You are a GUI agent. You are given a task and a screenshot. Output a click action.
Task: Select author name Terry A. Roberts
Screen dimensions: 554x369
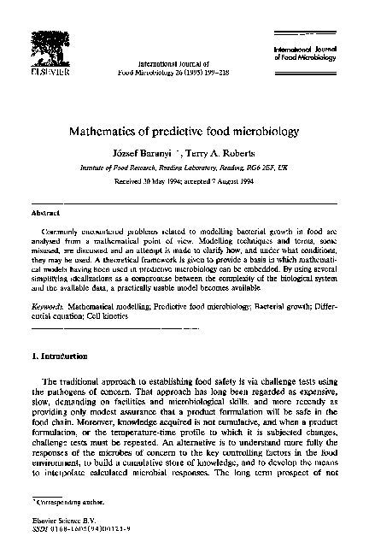[220, 155]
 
